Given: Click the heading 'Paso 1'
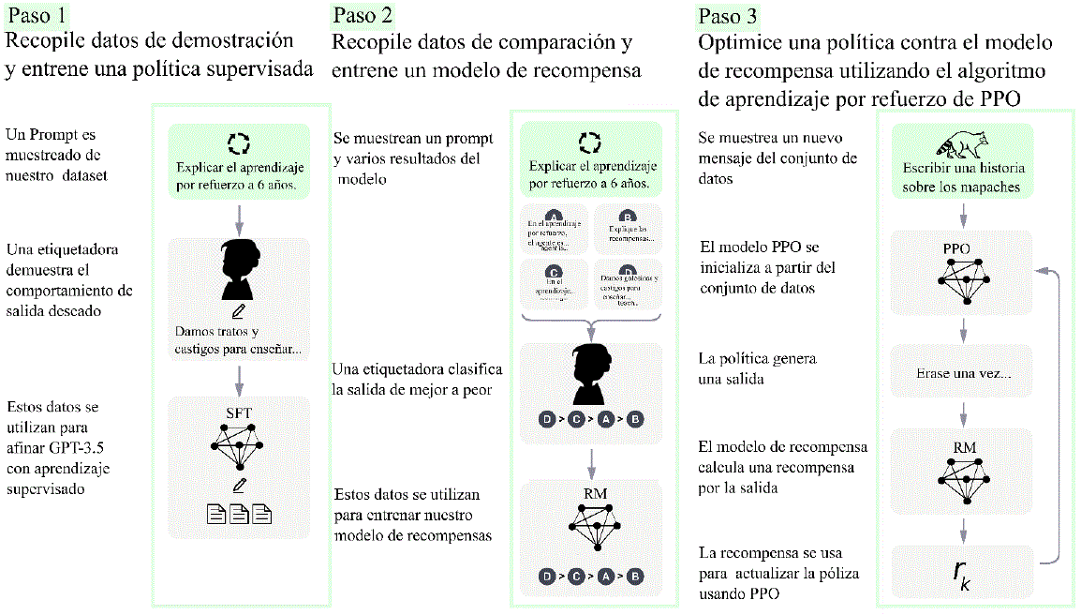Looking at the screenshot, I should (x=36, y=15).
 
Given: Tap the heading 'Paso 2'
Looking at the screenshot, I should (x=363, y=15).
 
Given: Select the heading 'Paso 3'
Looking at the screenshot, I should (x=728, y=16).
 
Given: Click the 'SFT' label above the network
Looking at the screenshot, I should (x=240, y=412).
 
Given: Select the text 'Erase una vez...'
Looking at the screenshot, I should (x=962, y=372).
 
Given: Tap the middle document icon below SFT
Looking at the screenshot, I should (x=240, y=514).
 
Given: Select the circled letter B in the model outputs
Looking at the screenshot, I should (x=629, y=215).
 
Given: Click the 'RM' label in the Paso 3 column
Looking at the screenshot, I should (x=963, y=447).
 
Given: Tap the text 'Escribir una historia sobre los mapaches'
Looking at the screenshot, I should (x=963, y=177).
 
